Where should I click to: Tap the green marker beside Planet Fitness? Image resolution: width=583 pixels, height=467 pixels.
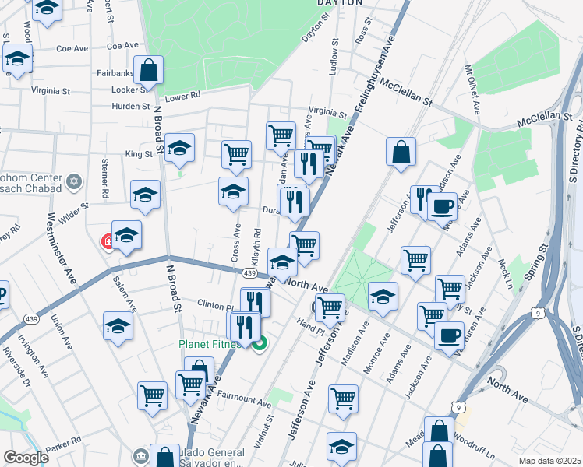260,342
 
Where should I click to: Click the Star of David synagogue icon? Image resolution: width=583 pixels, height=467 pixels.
75,181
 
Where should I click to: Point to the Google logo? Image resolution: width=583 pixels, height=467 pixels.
26,458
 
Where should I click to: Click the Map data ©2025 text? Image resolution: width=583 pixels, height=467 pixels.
549,461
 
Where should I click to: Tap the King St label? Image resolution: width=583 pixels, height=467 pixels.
139,154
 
